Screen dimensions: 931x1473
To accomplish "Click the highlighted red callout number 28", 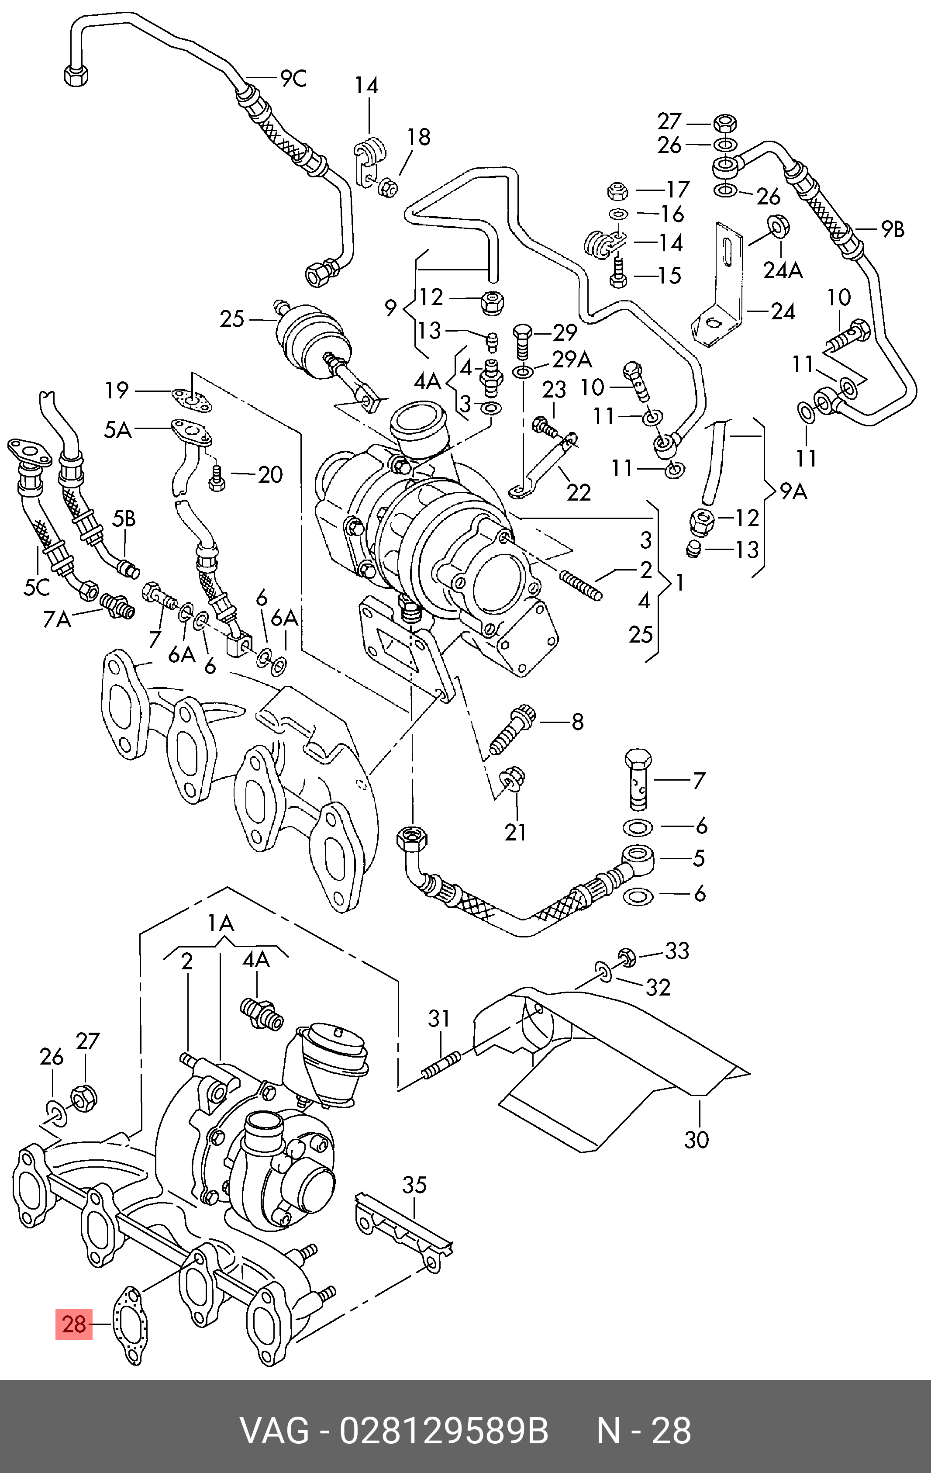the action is coord(74,1324).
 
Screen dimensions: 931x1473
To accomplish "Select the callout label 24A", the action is coord(783,270).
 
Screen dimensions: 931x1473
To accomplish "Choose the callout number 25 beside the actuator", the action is coord(232,319).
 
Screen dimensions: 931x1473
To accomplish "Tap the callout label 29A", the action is coord(572,359).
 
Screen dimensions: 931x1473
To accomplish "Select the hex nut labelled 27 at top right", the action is coord(724,123).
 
